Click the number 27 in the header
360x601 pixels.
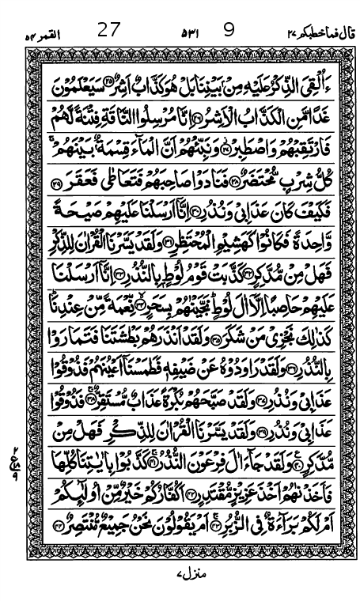108,31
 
